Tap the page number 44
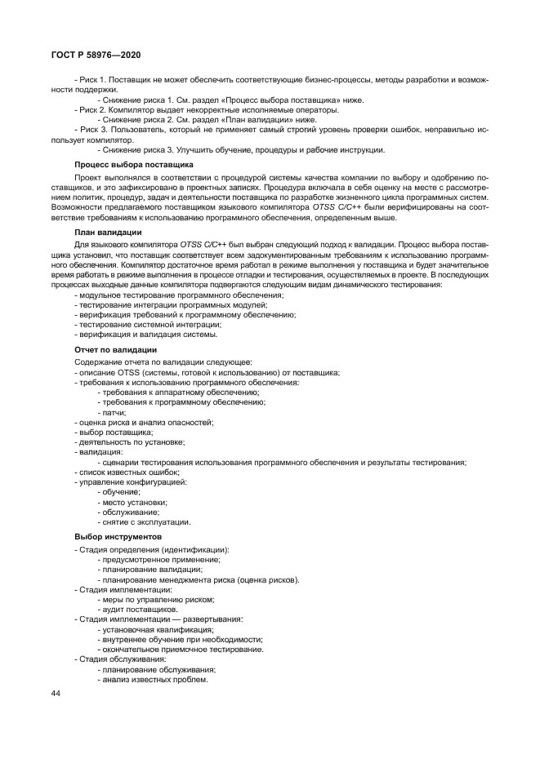(55, 693)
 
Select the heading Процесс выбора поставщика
(123, 165)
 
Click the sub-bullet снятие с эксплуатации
(144, 521)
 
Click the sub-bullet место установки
(132, 502)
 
